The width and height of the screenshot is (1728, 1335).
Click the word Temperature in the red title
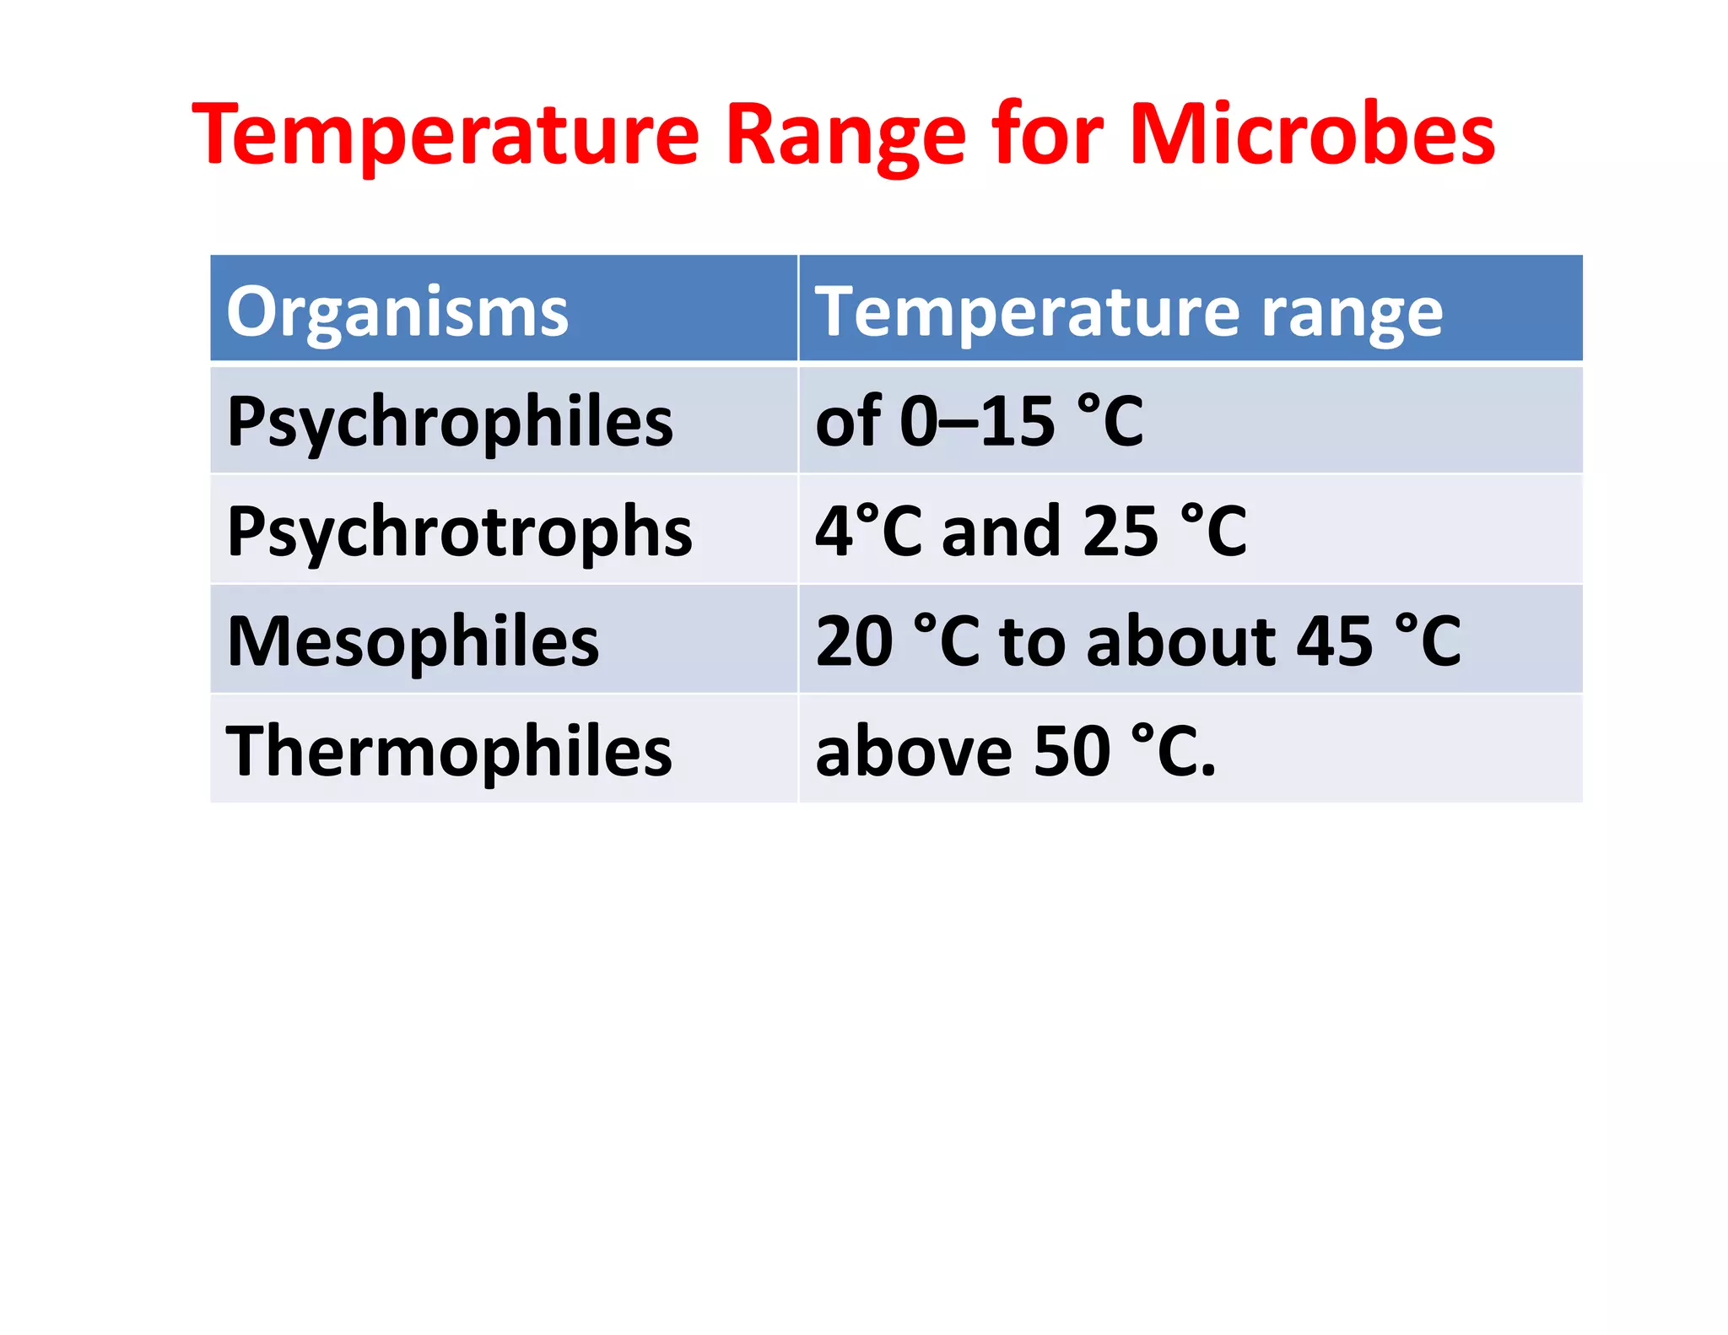pos(445,135)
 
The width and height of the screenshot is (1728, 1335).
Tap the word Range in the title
pos(845,135)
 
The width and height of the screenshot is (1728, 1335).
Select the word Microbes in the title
pos(1312,135)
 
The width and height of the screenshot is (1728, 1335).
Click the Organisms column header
pos(397,311)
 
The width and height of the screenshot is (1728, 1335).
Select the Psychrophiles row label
pos(450,422)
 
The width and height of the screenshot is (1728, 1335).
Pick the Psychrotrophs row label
pos(459,532)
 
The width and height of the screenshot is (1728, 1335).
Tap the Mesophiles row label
pos(413,641)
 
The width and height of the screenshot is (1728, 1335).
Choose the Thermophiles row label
pos(449,751)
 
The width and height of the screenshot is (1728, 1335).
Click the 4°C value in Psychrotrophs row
pos(869,532)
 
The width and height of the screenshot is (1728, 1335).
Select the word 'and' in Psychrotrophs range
pos(1001,532)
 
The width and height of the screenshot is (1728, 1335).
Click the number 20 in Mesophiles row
pos(854,641)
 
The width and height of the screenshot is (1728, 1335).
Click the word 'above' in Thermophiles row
pos(914,751)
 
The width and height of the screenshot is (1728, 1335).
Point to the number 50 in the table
pos(1072,751)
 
